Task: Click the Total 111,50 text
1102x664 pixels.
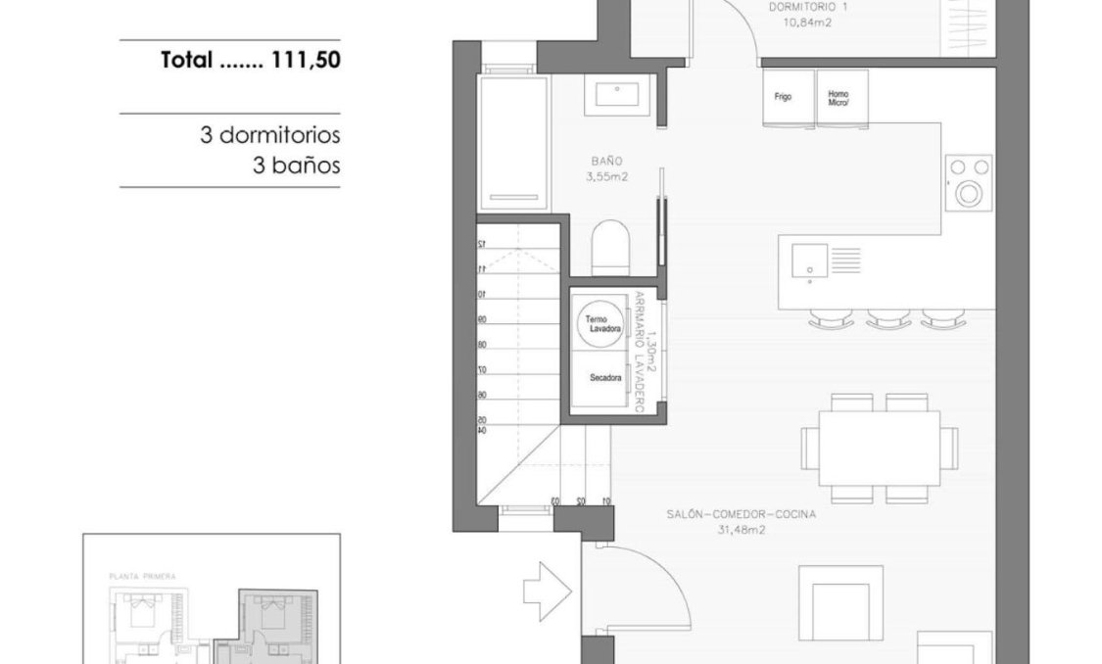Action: click(x=250, y=61)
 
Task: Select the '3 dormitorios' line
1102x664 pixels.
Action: click(x=269, y=135)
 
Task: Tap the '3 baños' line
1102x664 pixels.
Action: click(x=296, y=166)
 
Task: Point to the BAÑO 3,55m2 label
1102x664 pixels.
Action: click(x=606, y=167)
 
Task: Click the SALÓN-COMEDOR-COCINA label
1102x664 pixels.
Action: click(x=741, y=520)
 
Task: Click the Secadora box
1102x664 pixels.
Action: click(x=605, y=379)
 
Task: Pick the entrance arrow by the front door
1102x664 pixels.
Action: click(x=547, y=589)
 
